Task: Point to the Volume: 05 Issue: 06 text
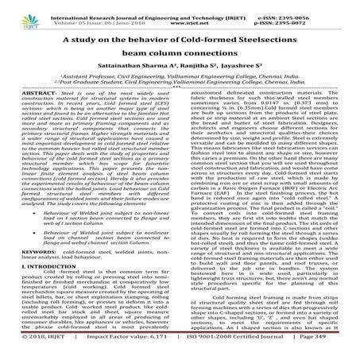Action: (x=98, y=14)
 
